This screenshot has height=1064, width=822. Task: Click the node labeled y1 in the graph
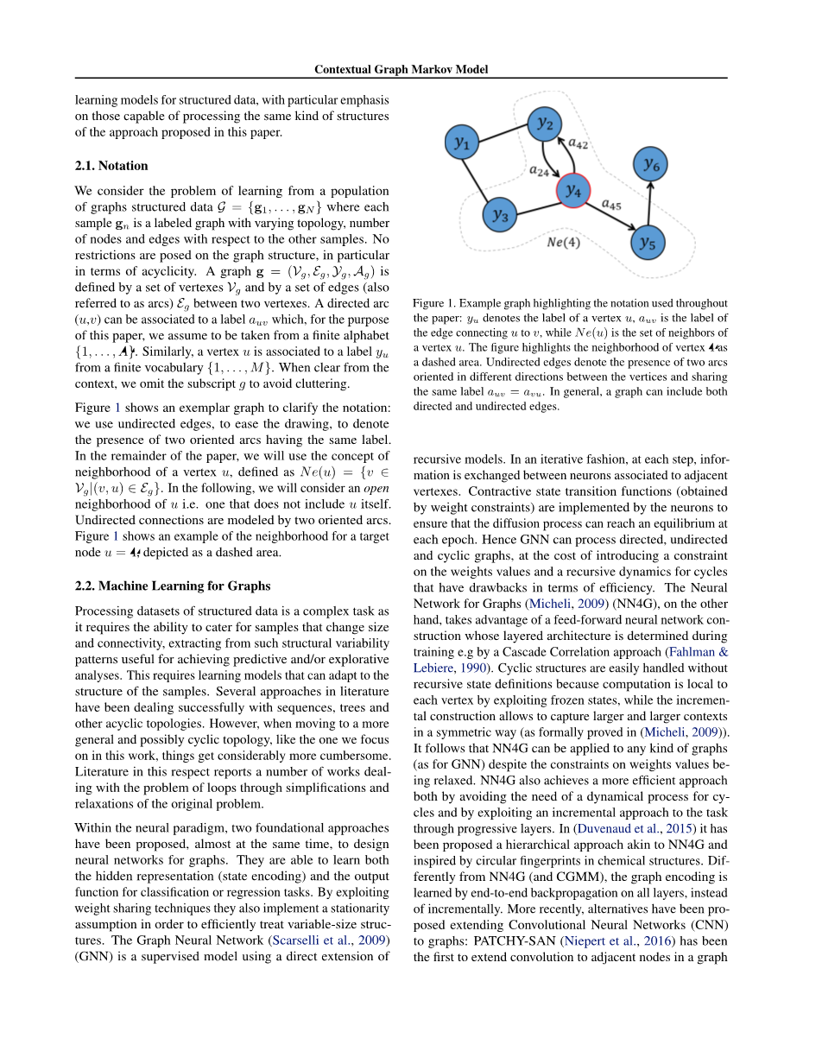tap(462, 143)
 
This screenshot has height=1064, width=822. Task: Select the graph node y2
tap(545, 123)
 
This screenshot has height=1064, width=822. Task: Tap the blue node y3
tap(500, 215)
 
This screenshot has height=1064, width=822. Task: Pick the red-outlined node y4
tap(573, 191)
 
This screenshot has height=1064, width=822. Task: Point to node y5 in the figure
tap(648, 244)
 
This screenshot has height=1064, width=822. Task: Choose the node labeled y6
tap(651, 162)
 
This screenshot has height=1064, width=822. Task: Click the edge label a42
tap(578, 142)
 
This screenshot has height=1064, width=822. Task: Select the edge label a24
tap(538, 171)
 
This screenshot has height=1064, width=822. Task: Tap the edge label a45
tap(610, 205)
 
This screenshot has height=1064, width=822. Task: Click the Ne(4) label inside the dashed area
tap(564, 243)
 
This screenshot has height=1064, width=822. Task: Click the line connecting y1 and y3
tap(480, 179)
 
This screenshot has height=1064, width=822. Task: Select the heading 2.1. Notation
tap(111, 166)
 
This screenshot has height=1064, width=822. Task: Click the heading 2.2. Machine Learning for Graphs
tap(173, 586)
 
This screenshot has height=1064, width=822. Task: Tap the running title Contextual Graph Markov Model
tap(401, 69)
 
